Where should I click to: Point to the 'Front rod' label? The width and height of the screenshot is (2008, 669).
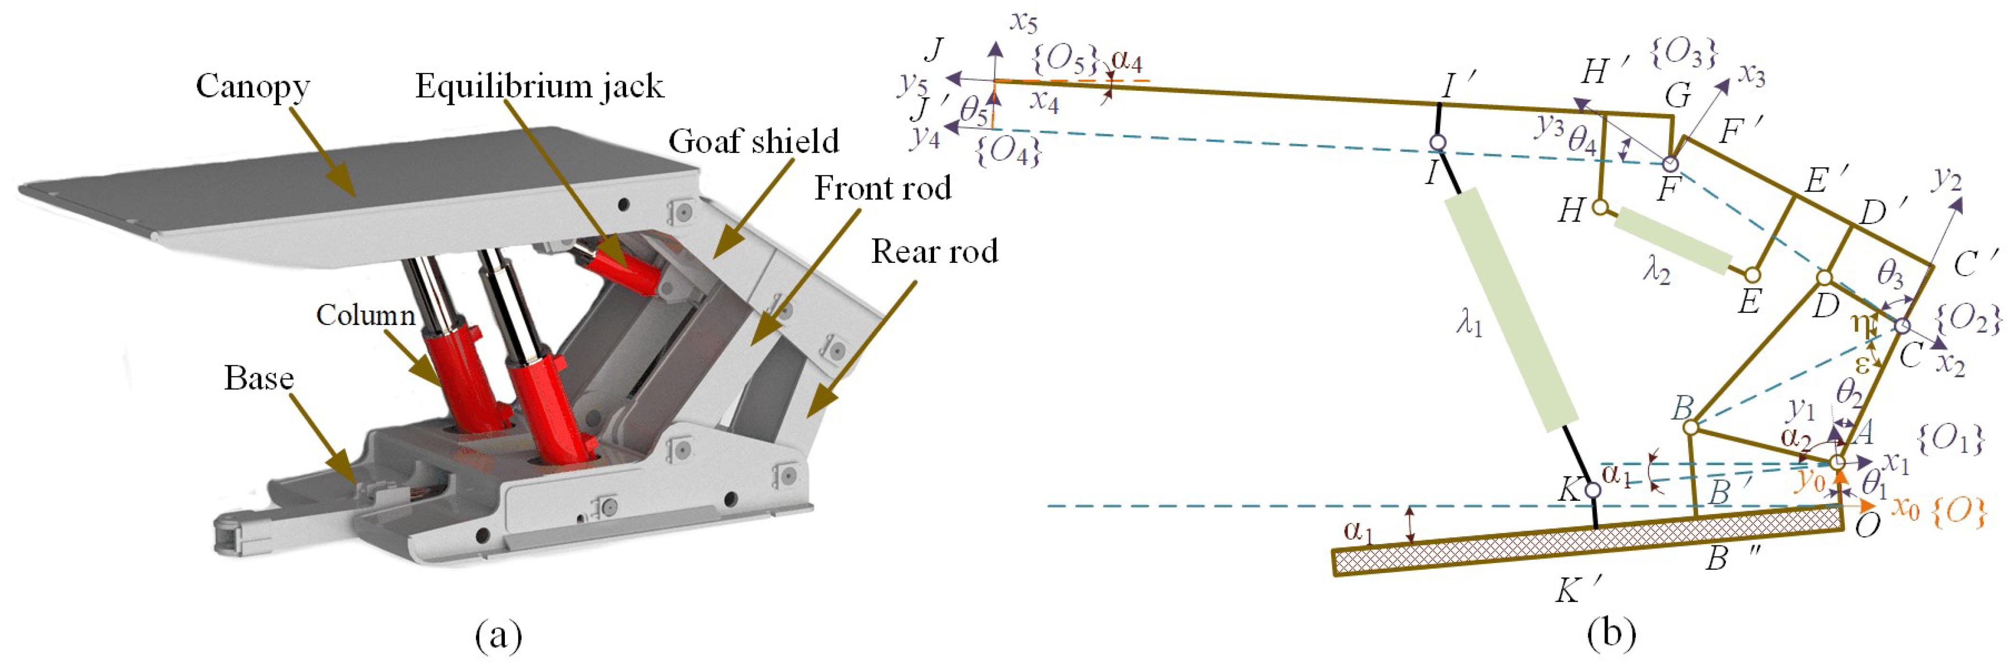coord(882,188)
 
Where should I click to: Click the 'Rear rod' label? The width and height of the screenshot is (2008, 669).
coord(934,251)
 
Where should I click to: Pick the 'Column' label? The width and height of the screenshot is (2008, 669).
coord(365,315)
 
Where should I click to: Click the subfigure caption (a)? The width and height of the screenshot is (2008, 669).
coord(498,636)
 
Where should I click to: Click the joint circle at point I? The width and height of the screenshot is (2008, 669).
coord(1438,143)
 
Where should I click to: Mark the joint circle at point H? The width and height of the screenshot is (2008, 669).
coord(1600,208)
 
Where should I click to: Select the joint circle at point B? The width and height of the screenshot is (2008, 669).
coord(1690,427)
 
